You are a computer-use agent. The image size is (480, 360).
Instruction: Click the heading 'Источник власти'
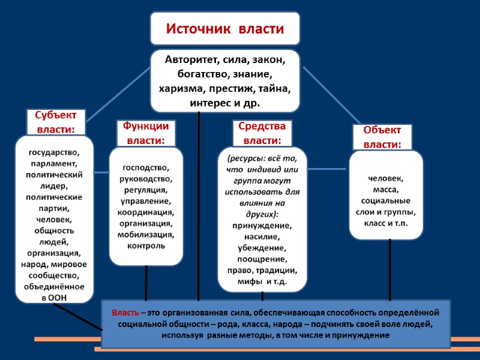point(225,29)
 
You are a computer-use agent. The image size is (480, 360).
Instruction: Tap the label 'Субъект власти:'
point(56,122)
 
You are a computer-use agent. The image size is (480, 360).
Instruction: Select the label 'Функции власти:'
point(145,133)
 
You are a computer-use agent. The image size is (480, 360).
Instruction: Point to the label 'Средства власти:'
point(262,133)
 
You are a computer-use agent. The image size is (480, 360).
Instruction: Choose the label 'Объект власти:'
point(382,137)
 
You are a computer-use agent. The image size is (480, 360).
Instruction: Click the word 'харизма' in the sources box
point(179,89)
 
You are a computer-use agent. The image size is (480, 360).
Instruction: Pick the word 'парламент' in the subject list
point(55,163)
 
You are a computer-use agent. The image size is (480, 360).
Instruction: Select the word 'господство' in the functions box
point(146,167)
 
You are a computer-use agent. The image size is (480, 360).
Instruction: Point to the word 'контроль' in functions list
point(146,246)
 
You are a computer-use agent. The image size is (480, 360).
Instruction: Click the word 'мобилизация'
point(146,235)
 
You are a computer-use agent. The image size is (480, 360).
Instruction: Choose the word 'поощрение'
point(262,259)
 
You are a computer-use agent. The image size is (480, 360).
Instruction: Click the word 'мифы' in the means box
point(248,281)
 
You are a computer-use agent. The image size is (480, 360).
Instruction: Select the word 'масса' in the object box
point(386,190)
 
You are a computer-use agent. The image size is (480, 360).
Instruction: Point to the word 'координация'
point(146,212)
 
